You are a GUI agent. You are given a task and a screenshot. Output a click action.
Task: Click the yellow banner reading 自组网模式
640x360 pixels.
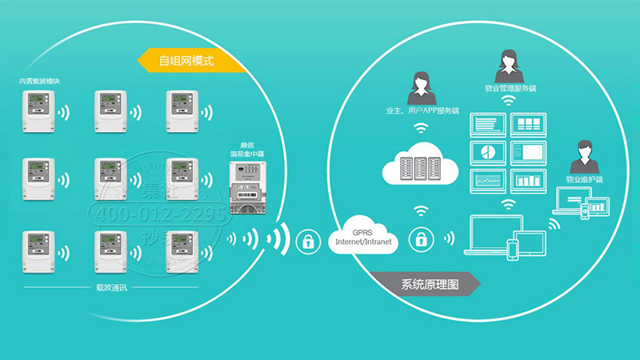pyautogui.click(x=182, y=60)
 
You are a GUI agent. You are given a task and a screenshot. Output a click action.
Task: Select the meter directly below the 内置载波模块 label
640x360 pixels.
pyautogui.click(x=37, y=110)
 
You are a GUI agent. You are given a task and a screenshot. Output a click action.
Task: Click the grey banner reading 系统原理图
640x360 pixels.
pyautogui.click(x=432, y=286)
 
